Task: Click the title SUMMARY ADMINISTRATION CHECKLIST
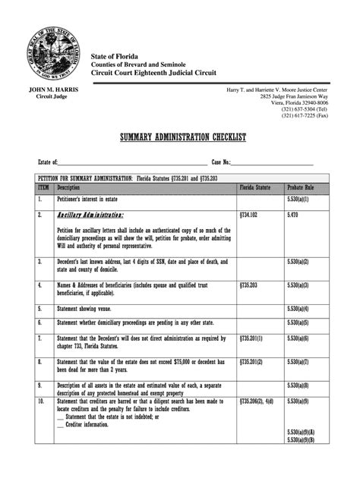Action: coord(180,138)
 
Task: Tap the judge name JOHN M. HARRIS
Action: coord(52,90)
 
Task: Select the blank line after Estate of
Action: coord(133,163)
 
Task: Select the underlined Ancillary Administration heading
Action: coord(90,215)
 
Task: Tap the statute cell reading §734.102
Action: coord(250,215)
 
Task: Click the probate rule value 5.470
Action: coord(294,215)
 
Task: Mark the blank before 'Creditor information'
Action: coord(60,424)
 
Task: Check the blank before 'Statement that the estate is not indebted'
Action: coord(60,416)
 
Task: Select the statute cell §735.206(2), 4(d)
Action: coord(258,400)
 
